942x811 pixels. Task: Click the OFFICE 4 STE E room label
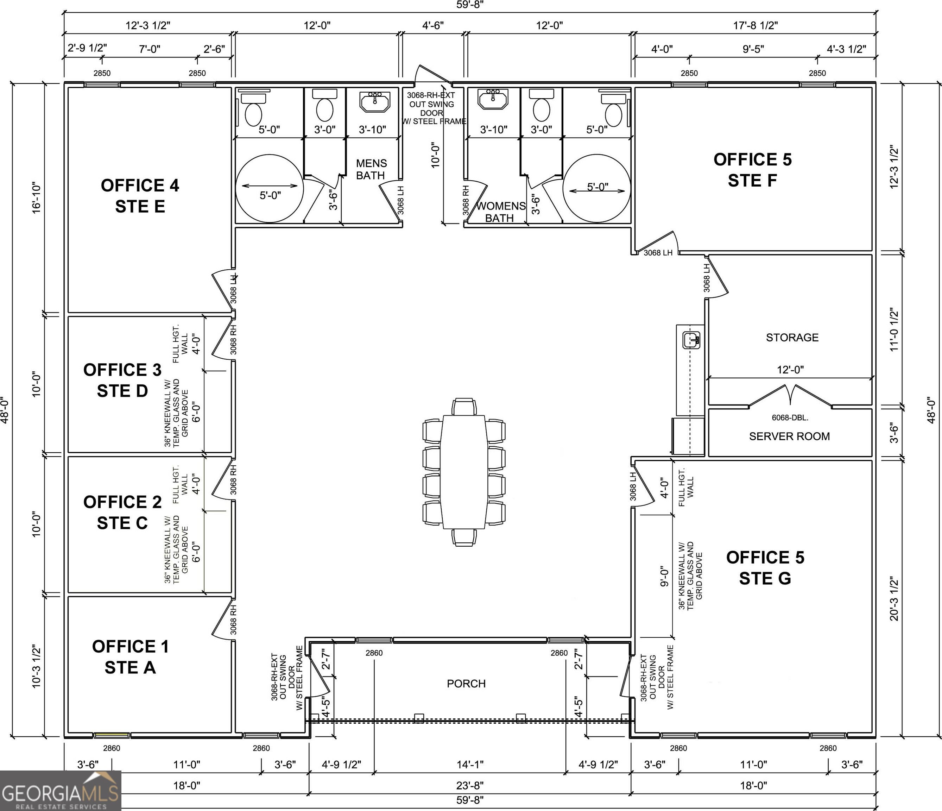[140, 196]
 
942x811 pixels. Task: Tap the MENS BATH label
[371, 169]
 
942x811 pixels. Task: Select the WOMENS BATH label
[500, 212]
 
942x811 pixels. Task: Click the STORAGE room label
[792, 338]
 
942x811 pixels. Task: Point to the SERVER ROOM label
[789, 436]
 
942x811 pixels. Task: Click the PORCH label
[466, 684]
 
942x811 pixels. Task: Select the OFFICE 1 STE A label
[131, 657]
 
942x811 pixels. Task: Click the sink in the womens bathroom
[493, 99]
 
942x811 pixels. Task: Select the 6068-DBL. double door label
[790, 417]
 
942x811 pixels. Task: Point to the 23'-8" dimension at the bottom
[470, 786]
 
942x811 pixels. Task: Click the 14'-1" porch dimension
[470, 765]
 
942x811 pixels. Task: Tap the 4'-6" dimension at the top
[433, 25]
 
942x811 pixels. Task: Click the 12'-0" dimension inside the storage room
[790, 370]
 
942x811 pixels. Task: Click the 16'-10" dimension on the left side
[36, 198]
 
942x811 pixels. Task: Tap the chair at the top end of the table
[464, 406]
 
